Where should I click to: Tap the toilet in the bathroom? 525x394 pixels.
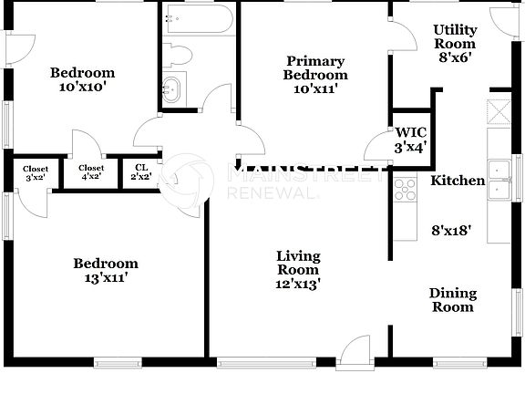177,55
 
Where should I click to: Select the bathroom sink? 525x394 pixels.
172,89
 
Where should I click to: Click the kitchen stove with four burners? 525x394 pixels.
405,189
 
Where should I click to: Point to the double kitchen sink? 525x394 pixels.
499,180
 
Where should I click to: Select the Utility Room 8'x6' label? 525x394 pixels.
454,43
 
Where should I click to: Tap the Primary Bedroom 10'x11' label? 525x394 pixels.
314,75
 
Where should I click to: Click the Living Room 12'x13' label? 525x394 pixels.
298,269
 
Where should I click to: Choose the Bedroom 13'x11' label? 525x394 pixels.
107,271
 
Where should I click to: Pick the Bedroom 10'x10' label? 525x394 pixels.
82,80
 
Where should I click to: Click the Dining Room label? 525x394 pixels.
453,300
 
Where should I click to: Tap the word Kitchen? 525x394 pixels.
458,181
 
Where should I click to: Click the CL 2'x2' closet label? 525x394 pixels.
140,172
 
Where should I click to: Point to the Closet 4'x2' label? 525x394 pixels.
91,172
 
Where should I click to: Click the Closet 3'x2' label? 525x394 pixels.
36,172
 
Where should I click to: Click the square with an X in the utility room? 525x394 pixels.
499,111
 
